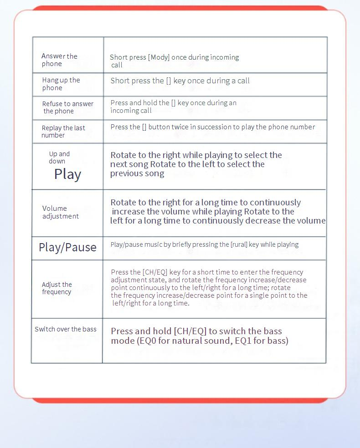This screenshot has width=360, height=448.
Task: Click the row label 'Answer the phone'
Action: coord(59,60)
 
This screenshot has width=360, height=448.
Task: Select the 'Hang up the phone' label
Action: coord(61,84)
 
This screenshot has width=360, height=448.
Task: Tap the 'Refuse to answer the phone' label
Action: coord(67,107)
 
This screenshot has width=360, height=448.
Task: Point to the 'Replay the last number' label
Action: coord(63,132)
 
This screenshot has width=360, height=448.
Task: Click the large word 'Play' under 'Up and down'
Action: coord(67,174)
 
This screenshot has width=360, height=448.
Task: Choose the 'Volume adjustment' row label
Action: coord(60,212)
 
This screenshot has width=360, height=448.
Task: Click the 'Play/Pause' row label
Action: coord(67,247)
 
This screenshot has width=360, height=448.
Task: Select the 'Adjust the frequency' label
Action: coord(57,288)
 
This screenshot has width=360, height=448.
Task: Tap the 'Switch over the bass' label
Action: coord(66,329)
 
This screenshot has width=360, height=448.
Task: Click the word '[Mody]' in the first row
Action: coord(159,57)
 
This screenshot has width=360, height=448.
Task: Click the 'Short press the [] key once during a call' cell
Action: coord(180,81)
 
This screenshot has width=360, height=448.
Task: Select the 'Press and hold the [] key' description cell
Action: coord(173,107)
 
